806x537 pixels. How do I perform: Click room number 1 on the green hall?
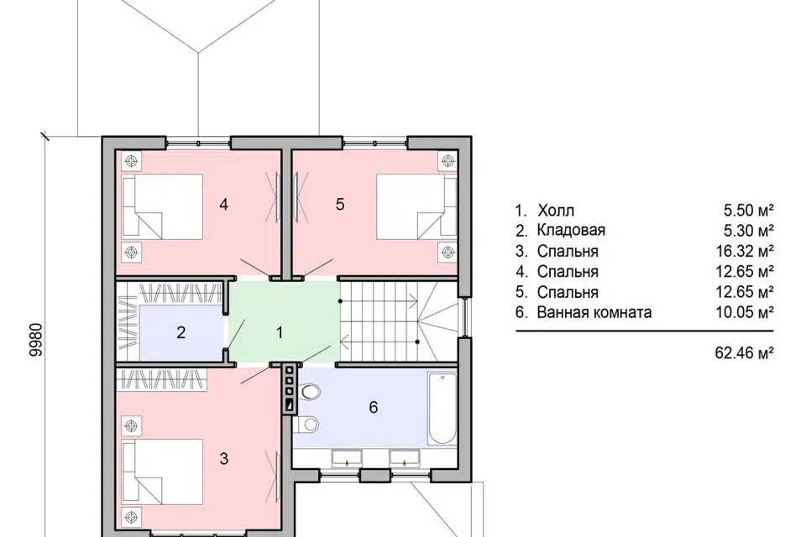pyautogui.click(x=280, y=332)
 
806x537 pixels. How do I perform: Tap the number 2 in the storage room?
pyautogui.click(x=181, y=332)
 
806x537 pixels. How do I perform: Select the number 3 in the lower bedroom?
pyautogui.click(x=223, y=458)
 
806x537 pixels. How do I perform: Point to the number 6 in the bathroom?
pyautogui.click(x=374, y=407)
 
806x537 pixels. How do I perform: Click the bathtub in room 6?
pyautogui.click(x=442, y=409)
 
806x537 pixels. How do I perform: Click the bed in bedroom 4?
pyautogui.click(x=162, y=206)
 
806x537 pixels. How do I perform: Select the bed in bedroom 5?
pyautogui.click(x=416, y=206)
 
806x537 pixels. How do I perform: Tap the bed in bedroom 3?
pyautogui.click(x=162, y=472)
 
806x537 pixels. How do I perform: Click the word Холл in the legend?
pyautogui.click(x=556, y=210)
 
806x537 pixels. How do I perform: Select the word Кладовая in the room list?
pyautogui.click(x=571, y=230)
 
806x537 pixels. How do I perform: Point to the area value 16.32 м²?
pyautogui.click(x=745, y=251)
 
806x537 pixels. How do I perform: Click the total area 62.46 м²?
pyautogui.click(x=745, y=353)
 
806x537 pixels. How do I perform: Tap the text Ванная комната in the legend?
pyautogui.click(x=594, y=312)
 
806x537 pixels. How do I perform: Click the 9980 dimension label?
pyautogui.click(x=35, y=340)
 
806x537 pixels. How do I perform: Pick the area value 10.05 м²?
pyautogui.click(x=745, y=312)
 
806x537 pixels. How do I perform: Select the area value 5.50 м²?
pyautogui.click(x=749, y=210)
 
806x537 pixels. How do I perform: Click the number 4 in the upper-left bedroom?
pyautogui.click(x=223, y=205)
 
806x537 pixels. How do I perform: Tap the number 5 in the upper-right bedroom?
pyautogui.click(x=340, y=205)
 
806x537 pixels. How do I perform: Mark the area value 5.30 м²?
pyautogui.click(x=749, y=230)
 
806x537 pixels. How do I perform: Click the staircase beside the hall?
pyautogui.click(x=398, y=321)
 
